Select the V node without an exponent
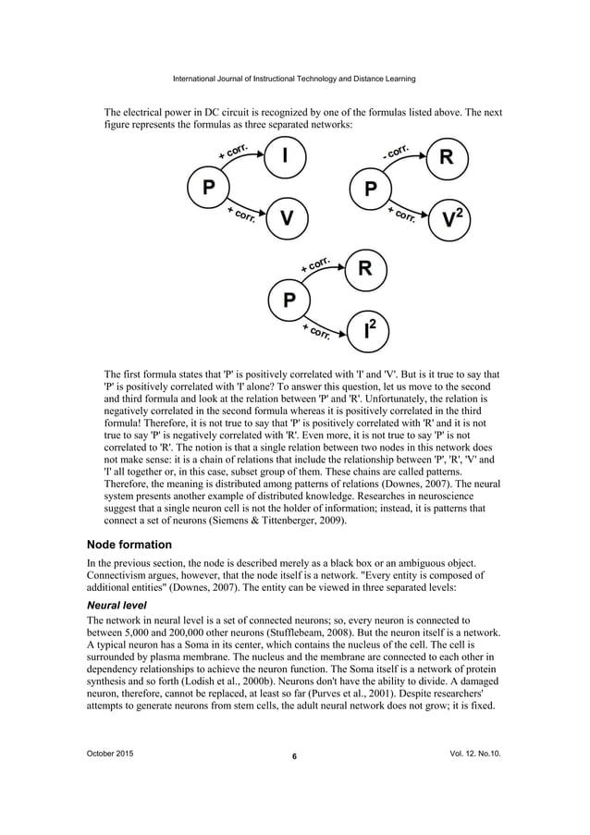coord(287,218)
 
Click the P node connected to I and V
coord(209,188)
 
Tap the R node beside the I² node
coord(365,270)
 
